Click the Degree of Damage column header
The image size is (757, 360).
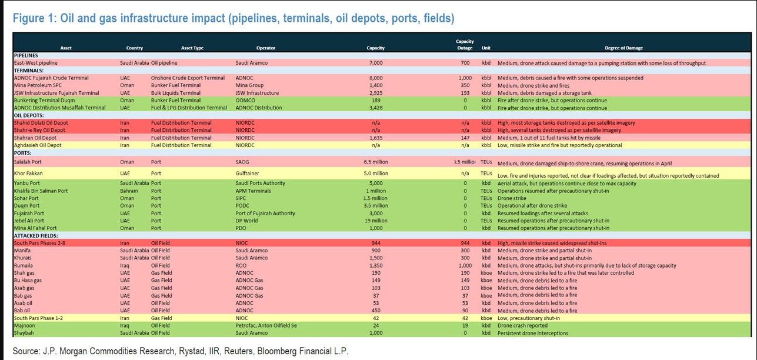623,48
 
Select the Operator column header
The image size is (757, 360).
266,48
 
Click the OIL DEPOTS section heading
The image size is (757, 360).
29,115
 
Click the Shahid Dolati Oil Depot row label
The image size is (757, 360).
41,122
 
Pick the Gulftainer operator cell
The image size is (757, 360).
249,174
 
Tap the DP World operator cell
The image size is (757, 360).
247,220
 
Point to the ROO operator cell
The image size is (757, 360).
241,265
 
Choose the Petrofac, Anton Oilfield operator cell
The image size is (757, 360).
265,325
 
